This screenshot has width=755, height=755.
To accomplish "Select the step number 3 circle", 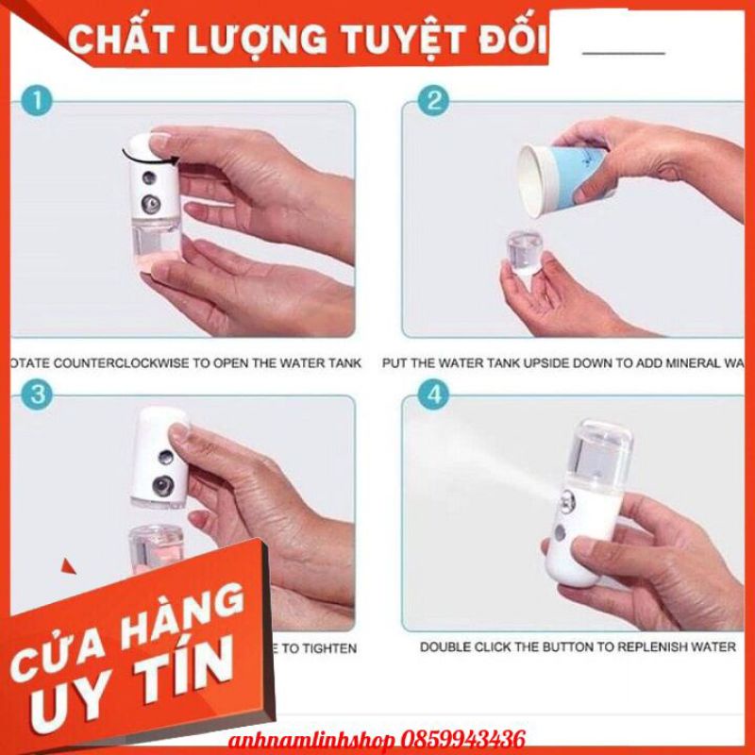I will [x=37, y=396].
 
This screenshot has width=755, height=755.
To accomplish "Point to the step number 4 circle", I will [x=434, y=396].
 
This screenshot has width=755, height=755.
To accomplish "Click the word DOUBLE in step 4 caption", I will [x=449, y=646].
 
